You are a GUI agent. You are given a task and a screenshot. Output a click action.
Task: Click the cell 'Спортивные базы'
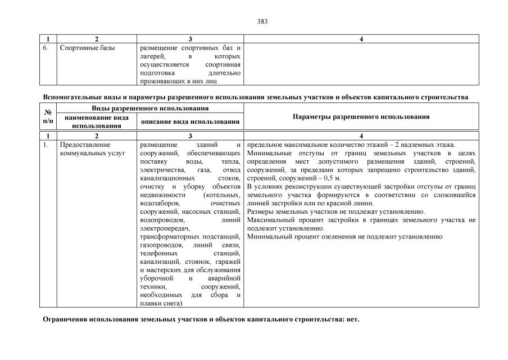tap(88, 48)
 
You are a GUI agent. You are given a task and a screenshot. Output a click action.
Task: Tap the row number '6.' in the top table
tap(47, 48)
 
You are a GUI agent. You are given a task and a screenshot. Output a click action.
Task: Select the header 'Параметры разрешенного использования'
tap(361, 116)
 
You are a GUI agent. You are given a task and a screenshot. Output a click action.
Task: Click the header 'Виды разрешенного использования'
tap(142, 107)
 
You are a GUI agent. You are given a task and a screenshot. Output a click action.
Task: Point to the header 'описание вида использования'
tap(190, 121)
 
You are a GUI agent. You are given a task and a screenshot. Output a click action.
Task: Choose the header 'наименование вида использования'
tap(97, 121)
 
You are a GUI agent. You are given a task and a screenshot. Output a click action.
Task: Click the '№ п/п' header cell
tap(48, 116)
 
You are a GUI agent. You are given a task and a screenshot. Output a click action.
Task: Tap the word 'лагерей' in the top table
tap(152, 56)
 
